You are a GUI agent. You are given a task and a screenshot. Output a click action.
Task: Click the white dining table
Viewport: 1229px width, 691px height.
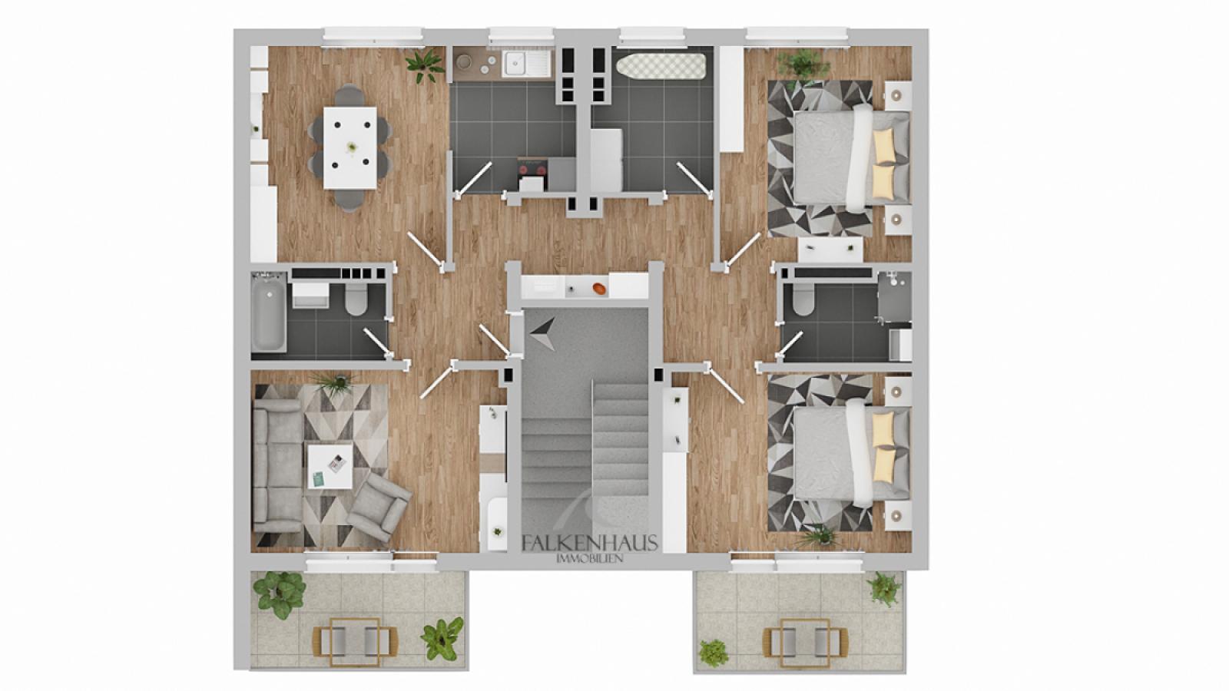(350, 147)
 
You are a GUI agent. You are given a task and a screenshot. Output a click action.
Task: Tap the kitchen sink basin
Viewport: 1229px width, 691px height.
(515, 64)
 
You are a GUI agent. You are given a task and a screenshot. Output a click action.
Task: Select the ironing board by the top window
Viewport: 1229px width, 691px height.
(661, 67)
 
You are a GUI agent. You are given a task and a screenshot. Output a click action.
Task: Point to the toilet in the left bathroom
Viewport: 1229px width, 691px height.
(356, 300)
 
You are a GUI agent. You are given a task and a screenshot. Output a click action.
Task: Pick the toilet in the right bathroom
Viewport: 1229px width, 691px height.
(803, 299)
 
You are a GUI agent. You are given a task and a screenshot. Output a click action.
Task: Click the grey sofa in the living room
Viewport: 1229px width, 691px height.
(277, 466)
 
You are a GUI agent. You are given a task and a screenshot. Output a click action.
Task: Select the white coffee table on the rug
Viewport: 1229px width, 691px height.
(330, 465)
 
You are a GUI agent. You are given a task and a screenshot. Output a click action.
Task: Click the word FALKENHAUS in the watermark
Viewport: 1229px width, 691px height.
(590, 543)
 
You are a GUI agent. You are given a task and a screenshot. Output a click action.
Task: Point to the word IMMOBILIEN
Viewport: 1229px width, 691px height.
(590, 558)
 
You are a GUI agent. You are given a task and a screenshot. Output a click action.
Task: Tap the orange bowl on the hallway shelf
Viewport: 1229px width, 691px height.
(600, 288)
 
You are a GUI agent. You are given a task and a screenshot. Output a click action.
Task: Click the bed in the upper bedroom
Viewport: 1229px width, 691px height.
(851, 157)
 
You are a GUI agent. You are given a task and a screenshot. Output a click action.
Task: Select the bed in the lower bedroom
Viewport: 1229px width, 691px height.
(851, 452)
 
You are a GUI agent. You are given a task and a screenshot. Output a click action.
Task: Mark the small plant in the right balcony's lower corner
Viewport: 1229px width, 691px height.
(713, 652)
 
